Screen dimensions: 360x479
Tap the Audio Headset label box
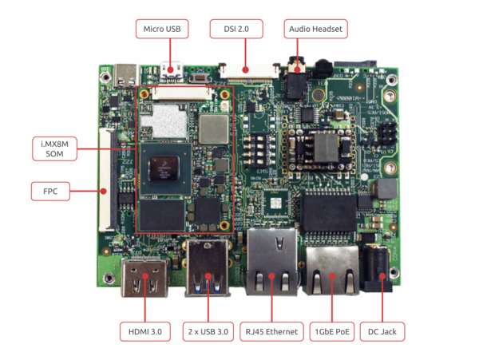pyautogui.click(x=314, y=30)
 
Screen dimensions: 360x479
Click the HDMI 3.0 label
pyautogui.click(x=145, y=330)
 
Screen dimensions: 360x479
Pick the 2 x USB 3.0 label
pyautogui.click(x=209, y=330)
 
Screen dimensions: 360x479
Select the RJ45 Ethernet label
pyautogui.click(x=272, y=330)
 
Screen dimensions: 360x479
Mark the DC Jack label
pyautogui.click(x=382, y=330)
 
